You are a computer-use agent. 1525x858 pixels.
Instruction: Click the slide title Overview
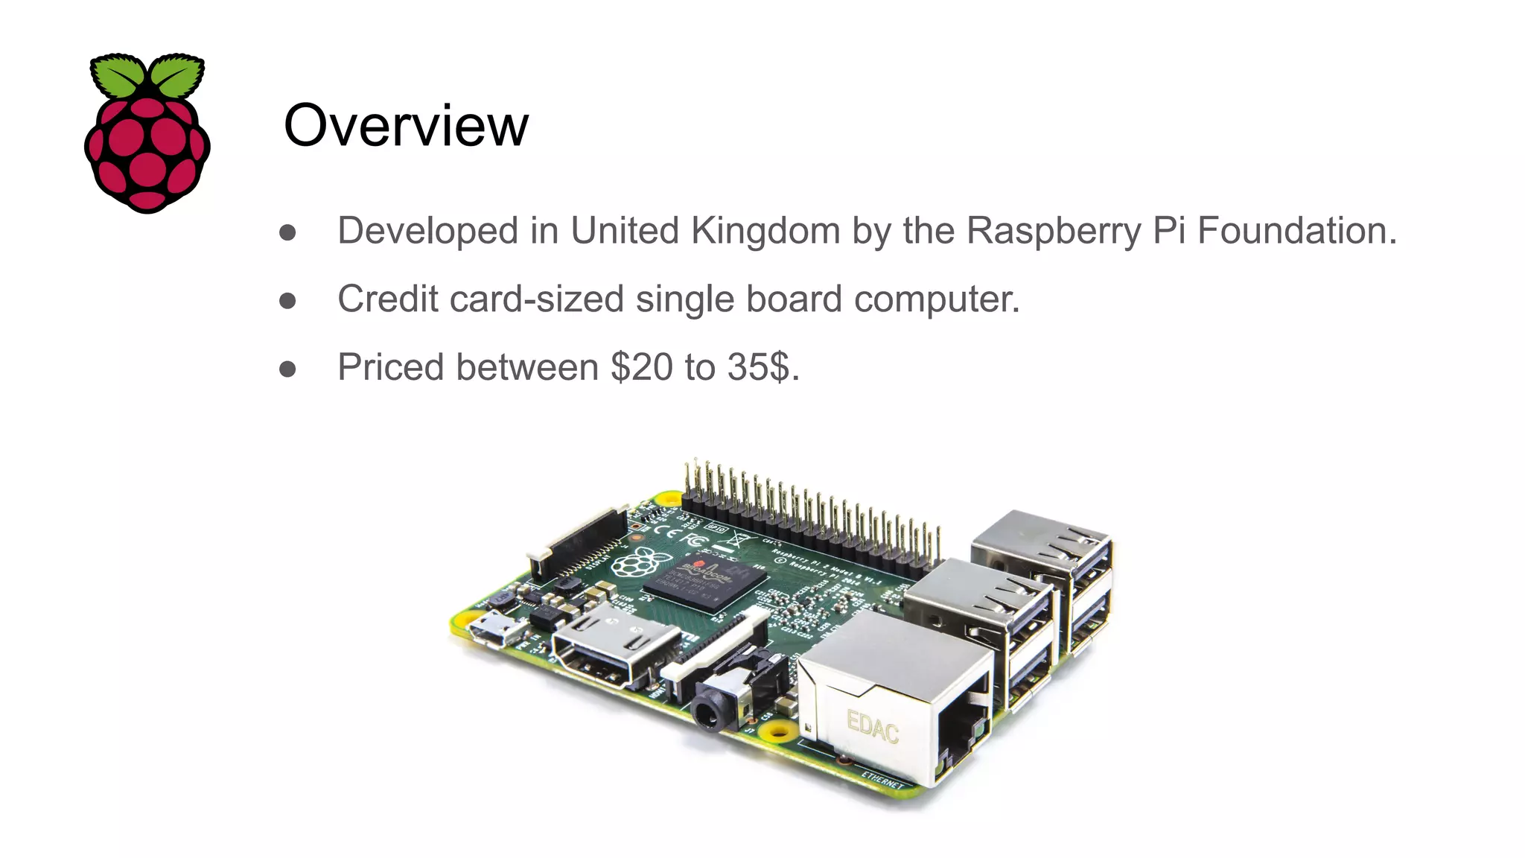pos(406,125)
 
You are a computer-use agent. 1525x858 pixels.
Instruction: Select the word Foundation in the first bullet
pos(1296,230)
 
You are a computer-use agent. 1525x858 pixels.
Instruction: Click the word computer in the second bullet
pos(936,299)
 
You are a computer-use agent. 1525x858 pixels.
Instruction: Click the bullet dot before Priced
pos(287,369)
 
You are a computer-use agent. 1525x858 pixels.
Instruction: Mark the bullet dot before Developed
pos(287,232)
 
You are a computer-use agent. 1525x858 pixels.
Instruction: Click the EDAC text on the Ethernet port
pos(873,726)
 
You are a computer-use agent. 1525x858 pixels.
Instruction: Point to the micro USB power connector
pos(496,629)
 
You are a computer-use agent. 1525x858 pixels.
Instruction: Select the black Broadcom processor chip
pos(704,582)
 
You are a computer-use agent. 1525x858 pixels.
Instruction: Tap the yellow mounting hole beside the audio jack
pos(778,731)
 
